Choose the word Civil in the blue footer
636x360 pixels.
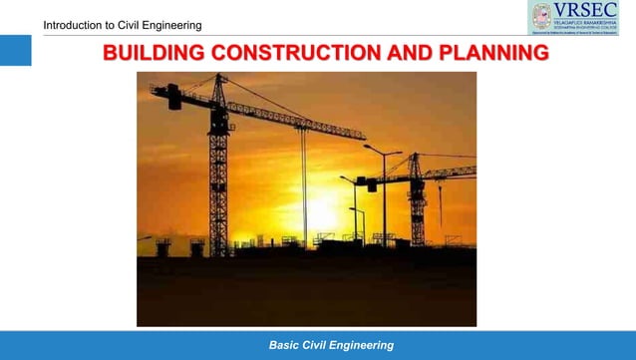(319, 345)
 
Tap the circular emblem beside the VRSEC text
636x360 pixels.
(542, 16)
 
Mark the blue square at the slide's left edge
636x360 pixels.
(15, 50)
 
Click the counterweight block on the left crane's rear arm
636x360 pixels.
(172, 96)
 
